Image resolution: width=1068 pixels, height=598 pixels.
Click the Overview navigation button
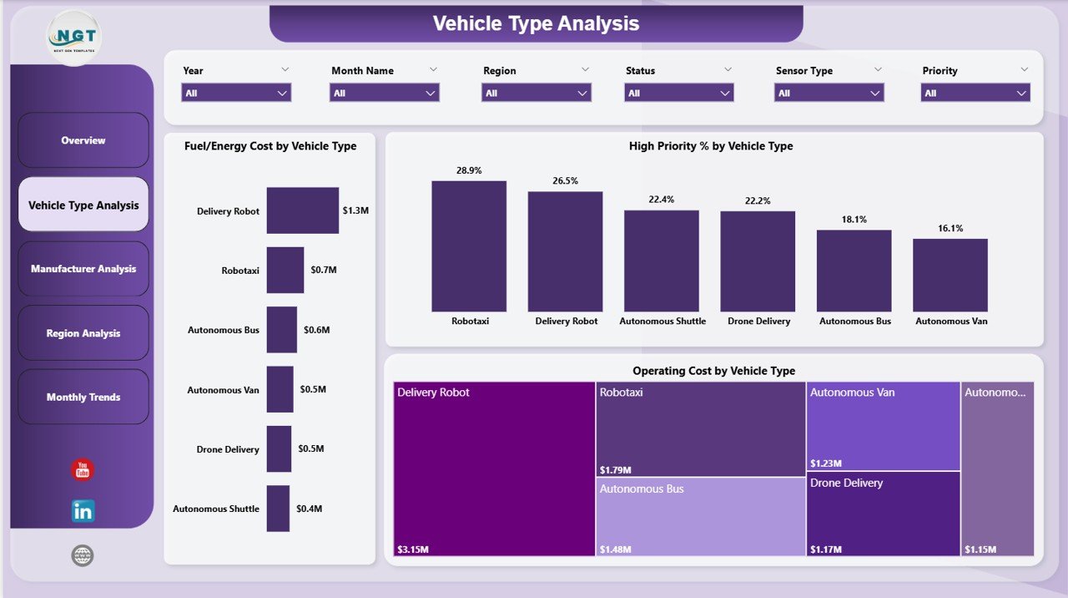tap(83, 140)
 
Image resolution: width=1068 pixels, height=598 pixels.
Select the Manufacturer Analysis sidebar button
tap(83, 269)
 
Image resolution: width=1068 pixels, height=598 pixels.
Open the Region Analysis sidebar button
tap(83, 333)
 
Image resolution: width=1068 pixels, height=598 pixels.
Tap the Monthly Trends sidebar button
tap(83, 398)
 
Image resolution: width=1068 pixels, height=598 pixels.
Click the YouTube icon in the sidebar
tap(83, 470)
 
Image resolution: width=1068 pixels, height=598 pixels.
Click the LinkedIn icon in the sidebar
tap(83, 511)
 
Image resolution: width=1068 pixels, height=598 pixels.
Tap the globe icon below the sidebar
tap(83, 556)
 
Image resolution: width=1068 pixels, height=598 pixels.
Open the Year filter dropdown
tap(236, 94)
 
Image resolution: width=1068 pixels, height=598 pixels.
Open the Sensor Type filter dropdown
tap(829, 94)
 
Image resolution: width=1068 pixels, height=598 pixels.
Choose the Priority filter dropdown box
tap(975, 94)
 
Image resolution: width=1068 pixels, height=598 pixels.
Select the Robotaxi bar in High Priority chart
tap(469, 246)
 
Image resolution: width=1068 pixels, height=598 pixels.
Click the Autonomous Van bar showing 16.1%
tap(950, 276)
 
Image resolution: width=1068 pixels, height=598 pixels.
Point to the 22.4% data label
tap(662, 200)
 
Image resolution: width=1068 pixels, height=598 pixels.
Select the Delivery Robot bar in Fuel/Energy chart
tap(302, 210)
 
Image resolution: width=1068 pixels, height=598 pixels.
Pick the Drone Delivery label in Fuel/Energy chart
tap(228, 449)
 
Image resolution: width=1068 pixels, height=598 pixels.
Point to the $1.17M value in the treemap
tap(825, 550)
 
